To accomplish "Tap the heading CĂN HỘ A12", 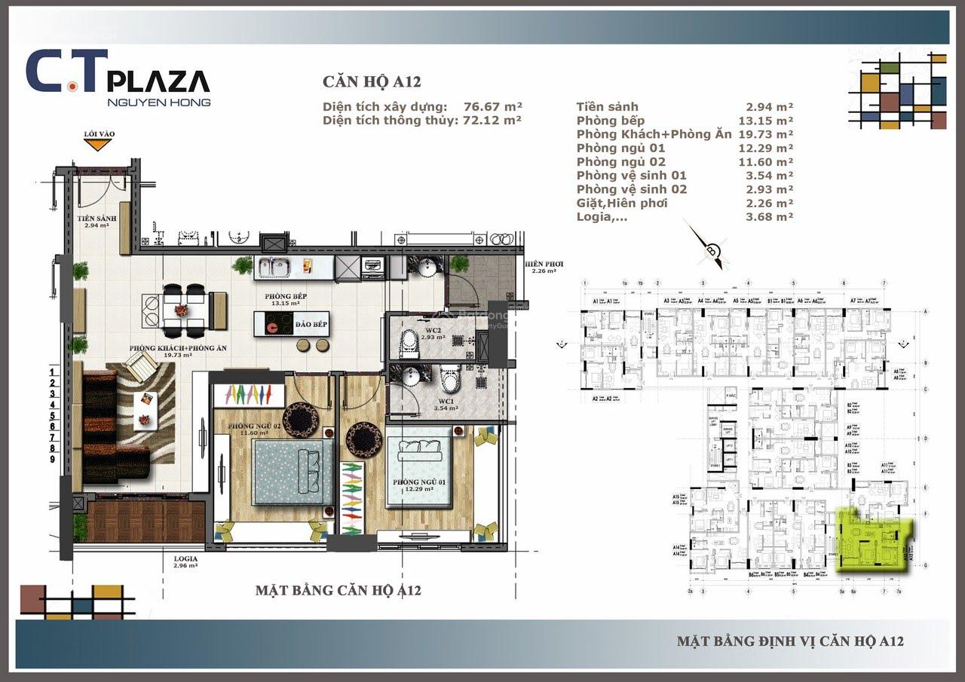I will point(372,82).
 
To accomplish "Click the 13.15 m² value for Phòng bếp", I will point(766,121).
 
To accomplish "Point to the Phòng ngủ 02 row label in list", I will point(621,162).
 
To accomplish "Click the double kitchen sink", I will point(276,266).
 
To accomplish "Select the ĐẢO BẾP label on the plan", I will point(311,324).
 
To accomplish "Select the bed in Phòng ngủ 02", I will point(291,471).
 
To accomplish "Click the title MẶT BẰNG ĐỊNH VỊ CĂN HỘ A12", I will point(790,641).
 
